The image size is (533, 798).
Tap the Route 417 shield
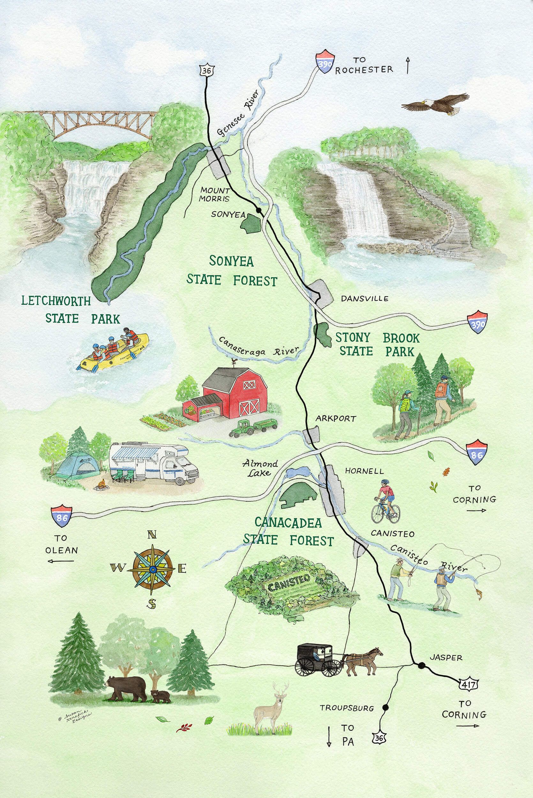469,683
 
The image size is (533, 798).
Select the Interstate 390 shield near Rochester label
325,62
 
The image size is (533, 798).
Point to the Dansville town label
364,299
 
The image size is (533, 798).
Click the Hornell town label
364,471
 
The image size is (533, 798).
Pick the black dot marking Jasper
422,665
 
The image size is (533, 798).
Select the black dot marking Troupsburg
385,707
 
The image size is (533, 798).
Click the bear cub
161,696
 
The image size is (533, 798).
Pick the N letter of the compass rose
152,535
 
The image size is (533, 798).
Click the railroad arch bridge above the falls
99,123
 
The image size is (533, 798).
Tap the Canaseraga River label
258,348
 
